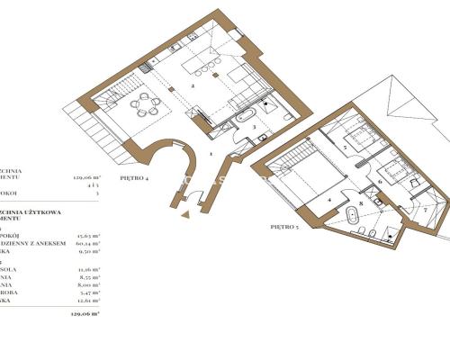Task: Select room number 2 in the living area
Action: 193,87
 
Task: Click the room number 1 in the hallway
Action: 211,154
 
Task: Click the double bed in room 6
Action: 394,170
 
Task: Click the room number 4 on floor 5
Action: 329,200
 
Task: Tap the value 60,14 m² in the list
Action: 87,243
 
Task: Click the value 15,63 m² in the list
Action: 87,234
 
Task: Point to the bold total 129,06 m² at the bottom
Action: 85,314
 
